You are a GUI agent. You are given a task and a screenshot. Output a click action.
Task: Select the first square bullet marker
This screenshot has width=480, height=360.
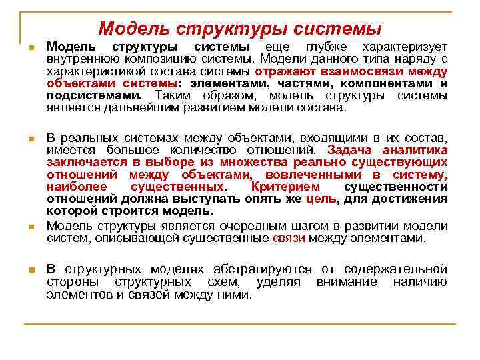30,49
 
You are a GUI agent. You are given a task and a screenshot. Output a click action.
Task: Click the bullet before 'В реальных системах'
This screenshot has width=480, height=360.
30,139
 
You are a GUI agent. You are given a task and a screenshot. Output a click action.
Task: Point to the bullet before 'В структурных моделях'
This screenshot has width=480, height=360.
30,271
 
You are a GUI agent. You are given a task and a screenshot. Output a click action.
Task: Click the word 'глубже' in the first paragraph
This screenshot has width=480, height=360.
327,48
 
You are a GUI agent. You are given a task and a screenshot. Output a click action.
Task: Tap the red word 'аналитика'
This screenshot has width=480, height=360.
413,151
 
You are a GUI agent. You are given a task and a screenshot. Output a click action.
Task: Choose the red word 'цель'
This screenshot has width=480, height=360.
321,199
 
